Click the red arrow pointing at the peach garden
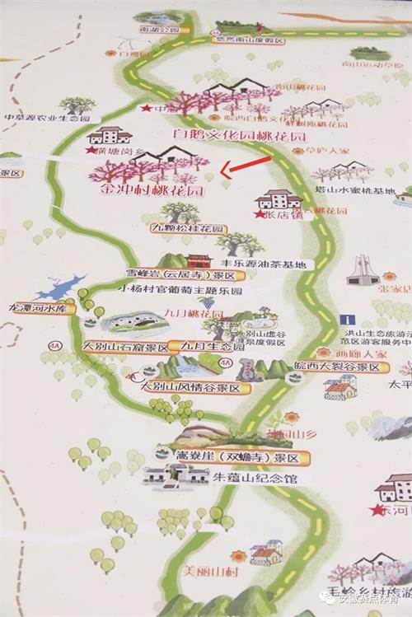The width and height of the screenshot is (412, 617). (x=240, y=166)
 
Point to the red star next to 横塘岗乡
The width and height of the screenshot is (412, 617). (x=91, y=150)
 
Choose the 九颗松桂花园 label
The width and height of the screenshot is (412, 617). (x=188, y=227)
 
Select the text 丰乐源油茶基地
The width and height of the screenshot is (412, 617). (x=262, y=264)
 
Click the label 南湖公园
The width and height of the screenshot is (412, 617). (x=159, y=30)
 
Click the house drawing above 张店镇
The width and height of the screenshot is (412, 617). (x=279, y=199)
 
